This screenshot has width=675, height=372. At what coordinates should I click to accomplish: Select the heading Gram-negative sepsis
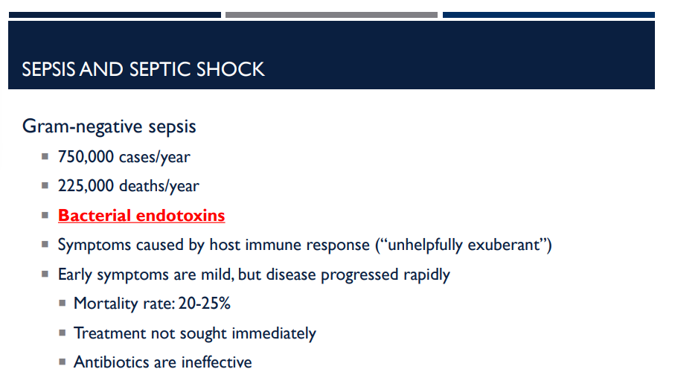tap(109, 126)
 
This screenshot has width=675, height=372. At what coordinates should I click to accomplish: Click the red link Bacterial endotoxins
tap(141, 216)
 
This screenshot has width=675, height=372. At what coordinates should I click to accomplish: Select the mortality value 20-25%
tap(205, 304)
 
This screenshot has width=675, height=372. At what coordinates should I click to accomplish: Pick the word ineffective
tap(213, 362)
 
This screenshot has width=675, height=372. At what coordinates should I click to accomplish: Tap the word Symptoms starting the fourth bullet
tap(94, 245)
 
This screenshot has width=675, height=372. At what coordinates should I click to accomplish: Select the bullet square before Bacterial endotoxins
tap(45, 216)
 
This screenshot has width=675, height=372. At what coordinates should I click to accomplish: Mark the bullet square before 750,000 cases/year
tap(45, 157)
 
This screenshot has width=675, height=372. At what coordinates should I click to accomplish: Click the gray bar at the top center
tap(331, 15)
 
